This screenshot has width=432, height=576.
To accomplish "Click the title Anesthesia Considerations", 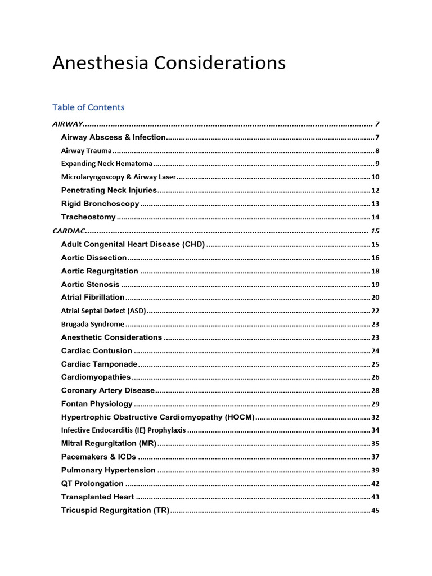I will [169, 63].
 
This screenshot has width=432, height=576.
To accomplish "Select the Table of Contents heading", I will [88, 107].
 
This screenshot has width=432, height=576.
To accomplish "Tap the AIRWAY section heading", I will [68, 124].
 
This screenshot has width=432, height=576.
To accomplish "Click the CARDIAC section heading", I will [67, 231].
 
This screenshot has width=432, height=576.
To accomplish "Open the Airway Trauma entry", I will [87, 151].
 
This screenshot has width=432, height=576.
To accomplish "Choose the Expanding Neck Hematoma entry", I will [106, 164].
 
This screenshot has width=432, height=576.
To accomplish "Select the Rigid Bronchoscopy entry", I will [100, 204].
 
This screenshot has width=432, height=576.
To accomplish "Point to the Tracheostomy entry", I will [88, 217].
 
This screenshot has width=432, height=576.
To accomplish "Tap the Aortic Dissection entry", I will [94, 258].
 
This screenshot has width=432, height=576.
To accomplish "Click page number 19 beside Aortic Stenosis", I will [375, 285].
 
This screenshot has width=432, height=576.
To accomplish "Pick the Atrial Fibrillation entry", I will [93, 297].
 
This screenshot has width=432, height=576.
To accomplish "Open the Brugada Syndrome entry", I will [92, 324].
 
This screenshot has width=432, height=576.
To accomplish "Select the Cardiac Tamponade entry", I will [99, 364].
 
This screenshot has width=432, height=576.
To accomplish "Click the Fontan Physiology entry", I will [97, 404].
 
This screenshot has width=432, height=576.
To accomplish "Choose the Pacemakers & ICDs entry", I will [98, 457].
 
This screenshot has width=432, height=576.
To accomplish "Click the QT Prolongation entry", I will [92, 484].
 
